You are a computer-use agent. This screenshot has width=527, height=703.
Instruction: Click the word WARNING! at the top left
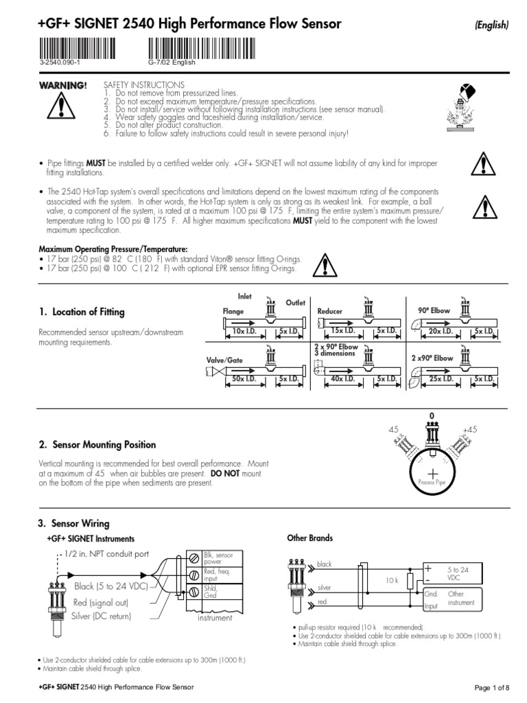point(62,84)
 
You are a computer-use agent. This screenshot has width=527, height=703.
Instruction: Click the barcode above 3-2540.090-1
point(78,49)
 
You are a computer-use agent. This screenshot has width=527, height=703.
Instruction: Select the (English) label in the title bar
point(491,26)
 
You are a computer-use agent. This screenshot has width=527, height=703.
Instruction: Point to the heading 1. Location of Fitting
point(82,312)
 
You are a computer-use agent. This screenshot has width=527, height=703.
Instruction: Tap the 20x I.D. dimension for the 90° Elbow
point(438,332)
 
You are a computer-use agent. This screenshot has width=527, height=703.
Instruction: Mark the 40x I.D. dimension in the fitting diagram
point(338,379)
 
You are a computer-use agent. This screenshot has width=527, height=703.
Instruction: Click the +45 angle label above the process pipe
point(470,429)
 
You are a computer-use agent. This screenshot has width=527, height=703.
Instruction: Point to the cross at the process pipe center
point(432,476)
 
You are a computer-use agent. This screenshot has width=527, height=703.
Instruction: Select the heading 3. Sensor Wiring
point(73,524)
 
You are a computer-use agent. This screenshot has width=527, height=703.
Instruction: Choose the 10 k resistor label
point(392,581)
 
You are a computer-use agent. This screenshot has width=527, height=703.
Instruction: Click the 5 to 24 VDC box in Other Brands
point(458,573)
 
